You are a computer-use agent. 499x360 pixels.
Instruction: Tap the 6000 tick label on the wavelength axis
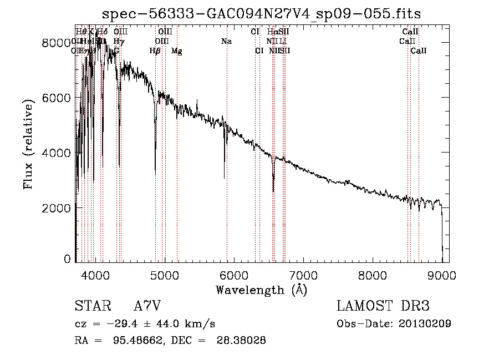[x=233, y=275]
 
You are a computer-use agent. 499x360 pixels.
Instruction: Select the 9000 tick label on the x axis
[x=442, y=275]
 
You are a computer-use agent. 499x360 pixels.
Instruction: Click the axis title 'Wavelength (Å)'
[x=261, y=290]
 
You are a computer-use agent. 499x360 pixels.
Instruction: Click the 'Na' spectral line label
[x=226, y=41]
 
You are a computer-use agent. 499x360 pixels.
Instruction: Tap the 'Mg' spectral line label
[x=176, y=51]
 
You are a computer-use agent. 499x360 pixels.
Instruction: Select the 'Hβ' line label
[x=155, y=51]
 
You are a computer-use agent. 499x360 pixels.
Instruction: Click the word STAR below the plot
[x=94, y=306]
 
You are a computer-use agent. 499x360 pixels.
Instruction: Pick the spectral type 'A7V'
[x=147, y=306]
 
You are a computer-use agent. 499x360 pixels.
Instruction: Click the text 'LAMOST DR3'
[x=383, y=306]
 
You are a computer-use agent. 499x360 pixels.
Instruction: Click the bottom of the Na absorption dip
[x=225, y=178]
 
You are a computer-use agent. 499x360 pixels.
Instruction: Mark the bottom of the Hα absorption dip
[x=273, y=191]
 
